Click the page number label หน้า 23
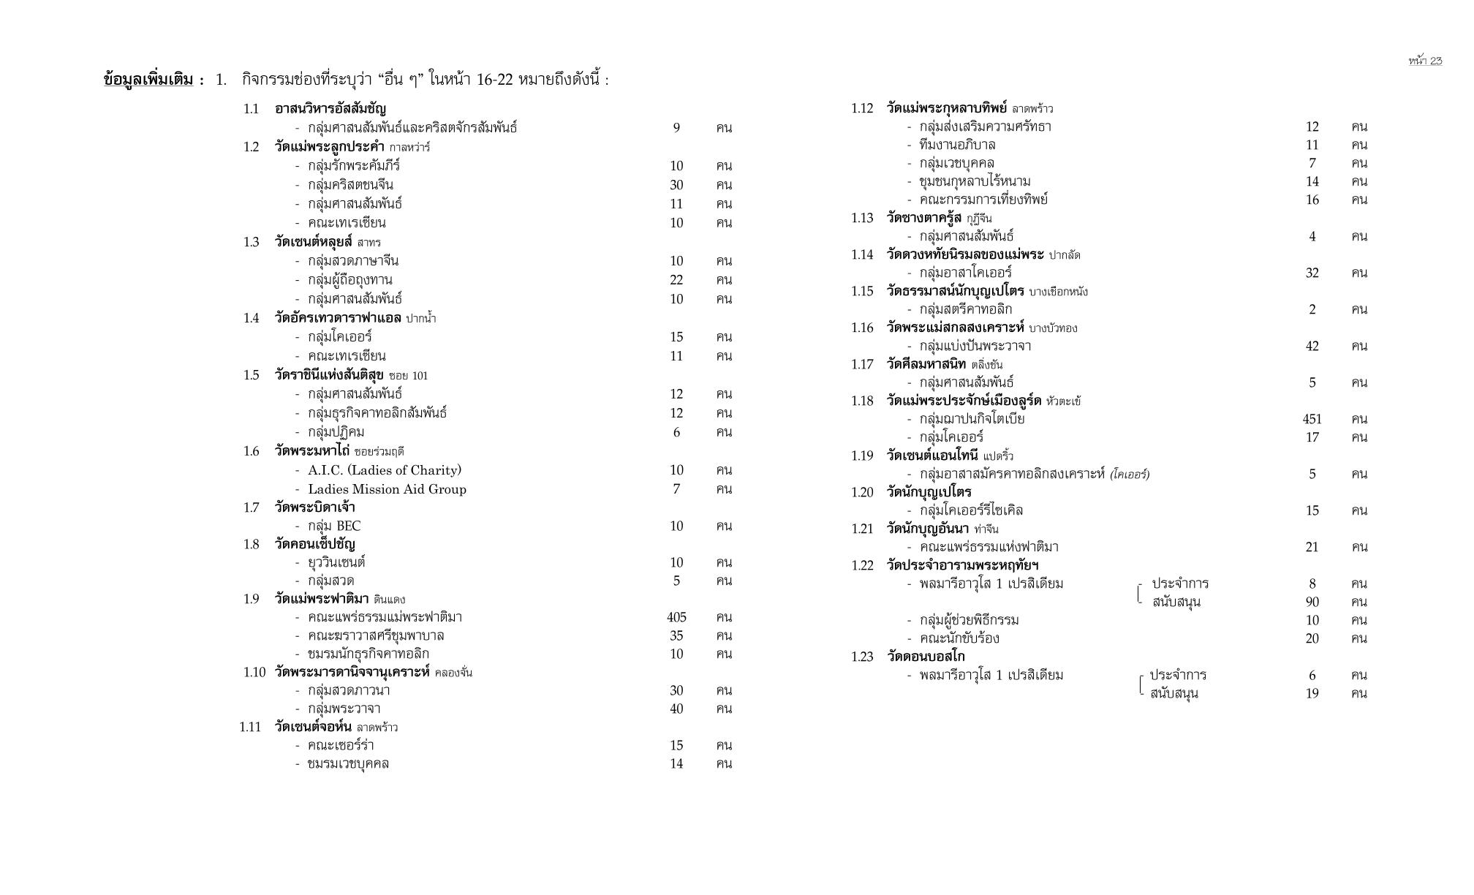[1425, 61]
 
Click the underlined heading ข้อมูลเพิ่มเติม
[149, 80]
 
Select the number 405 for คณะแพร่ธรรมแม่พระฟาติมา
[676, 617]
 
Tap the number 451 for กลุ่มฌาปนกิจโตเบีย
[1312, 419]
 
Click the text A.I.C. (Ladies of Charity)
[385, 470]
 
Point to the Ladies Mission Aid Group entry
[387, 489]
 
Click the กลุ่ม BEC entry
[334, 526]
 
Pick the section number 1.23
[862, 657]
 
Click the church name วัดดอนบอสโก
[926, 657]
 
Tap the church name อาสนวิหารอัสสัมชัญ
[330, 109]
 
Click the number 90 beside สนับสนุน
[1312, 602]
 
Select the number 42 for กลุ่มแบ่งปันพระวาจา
[1312, 346]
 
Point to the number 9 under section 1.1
[676, 128]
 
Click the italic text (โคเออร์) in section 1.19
[1130, 475]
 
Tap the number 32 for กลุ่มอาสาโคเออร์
[1312, 273]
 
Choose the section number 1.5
[252, 375]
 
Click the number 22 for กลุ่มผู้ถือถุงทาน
[676, 280]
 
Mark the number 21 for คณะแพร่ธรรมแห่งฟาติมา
[1312, 547]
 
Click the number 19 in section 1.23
[1312, 693]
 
